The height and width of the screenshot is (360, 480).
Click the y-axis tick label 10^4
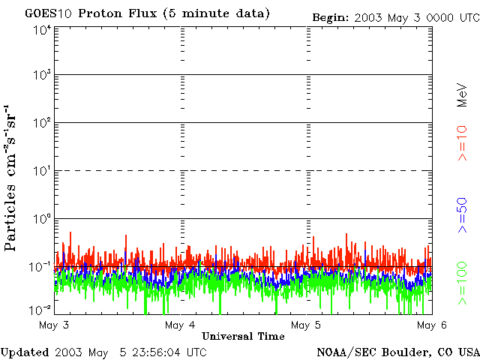pos(42,30)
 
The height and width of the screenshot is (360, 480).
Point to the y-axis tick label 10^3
pos(42,76)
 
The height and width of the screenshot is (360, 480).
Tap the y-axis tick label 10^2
pos(42,123)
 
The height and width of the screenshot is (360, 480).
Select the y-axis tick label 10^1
pos(42,171)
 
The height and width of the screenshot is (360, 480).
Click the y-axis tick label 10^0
pos(42,219)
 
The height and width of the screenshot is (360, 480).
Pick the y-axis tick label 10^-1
pos(41,267)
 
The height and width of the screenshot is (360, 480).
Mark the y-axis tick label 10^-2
pos(41,310)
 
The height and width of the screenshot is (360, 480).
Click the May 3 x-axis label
pos(54,325)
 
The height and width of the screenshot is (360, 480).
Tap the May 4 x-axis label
pos(180,325)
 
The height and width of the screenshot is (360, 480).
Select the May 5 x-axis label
pos(306,325)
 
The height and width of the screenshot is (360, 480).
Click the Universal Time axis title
pos(243,336)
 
